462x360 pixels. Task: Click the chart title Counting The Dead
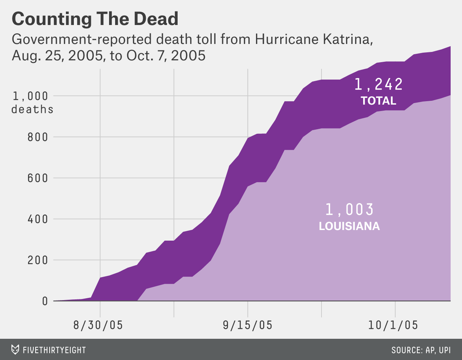click(x=95, y=19)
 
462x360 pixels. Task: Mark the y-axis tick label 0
click(x=45, y=301)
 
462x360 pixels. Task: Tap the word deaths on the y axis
click(x=33, y=110)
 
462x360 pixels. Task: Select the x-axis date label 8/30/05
click(x=98, y=325)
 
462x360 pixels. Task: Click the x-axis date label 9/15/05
click(x=248, y=325)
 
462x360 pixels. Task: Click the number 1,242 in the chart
click(x=378, y=85)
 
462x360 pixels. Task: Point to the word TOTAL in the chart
click(x=378, y=101)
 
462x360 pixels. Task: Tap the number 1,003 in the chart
click(x=349, y=210)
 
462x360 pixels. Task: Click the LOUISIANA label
click(x=349, y=227)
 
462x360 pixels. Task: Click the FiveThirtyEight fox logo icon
click(x=16, y=349)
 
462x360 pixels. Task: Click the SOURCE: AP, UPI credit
click(x=421, y=349)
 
